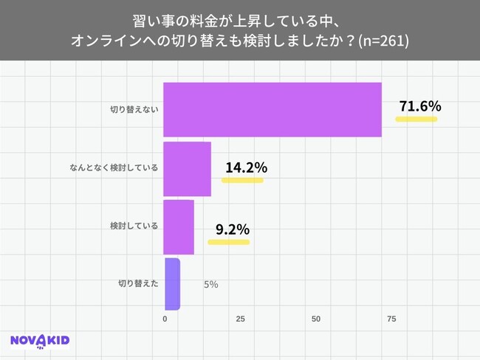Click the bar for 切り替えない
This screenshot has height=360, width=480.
tap(272, 110)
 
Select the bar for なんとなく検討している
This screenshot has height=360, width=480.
tap(187, 168)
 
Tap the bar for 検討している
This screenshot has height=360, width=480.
tap(179, 226)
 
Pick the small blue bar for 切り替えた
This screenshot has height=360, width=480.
tap(172, 284)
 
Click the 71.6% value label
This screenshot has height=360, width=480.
tap(419, 106)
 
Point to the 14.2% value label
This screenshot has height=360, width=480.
tap(245, 167)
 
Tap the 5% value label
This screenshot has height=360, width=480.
tap(210, 284)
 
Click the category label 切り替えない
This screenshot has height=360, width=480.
tap(134, 110)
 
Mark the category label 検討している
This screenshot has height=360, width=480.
tap(134, 226)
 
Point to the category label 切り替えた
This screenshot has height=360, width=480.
tap(137, 283)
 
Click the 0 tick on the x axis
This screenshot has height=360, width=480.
tap(165, 319)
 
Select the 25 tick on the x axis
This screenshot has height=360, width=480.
tap(240, 319)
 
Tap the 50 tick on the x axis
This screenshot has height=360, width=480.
tap(316, 319)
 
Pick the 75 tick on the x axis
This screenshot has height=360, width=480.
tap(391, 319)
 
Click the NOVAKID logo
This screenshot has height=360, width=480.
tap(40, 340)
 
